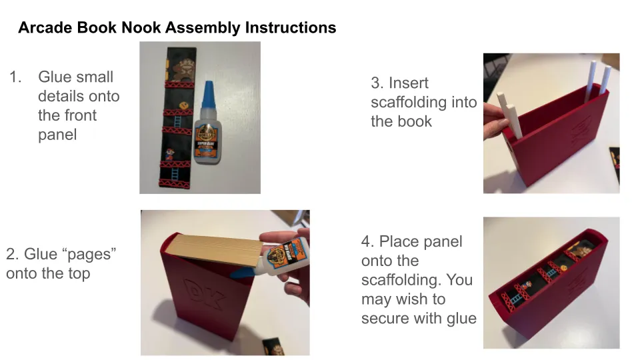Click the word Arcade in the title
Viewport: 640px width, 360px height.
click(45, 27)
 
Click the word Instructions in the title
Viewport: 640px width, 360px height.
click(291, 27)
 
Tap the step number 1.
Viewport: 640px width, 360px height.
click(15, 77)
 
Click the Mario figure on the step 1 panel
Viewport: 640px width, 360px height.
click(169, 154)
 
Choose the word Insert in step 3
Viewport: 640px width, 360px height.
click(408, 83)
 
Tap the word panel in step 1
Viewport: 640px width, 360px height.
click(57, 135)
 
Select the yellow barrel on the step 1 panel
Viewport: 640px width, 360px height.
click(184, 105)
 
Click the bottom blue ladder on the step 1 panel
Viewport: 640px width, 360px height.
click(175, 174)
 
